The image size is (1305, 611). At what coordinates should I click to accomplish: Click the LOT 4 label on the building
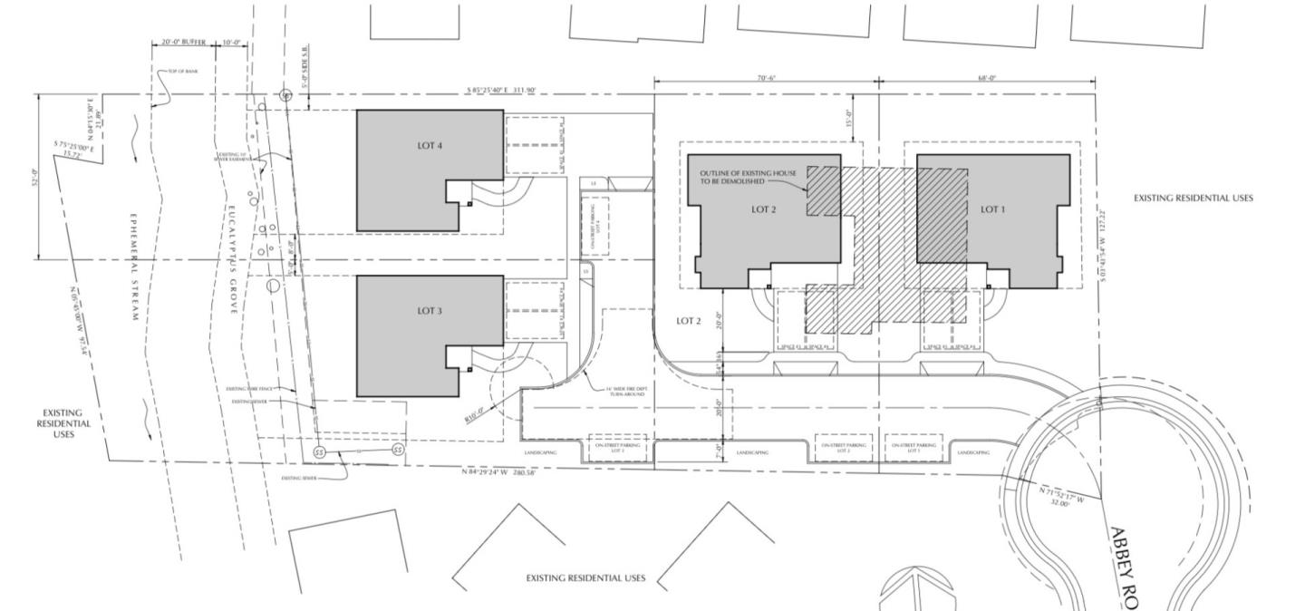(x=430, y=146)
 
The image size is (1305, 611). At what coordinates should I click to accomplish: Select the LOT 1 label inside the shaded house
(x=993, y=209)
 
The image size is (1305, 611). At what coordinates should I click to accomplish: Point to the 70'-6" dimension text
(x=765, y=78)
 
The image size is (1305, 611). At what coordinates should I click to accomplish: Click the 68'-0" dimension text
(x=987, y=78)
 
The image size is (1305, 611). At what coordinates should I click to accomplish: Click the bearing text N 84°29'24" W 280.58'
(x=499, y=472)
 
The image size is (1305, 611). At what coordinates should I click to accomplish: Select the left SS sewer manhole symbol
(x=319, y=451)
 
